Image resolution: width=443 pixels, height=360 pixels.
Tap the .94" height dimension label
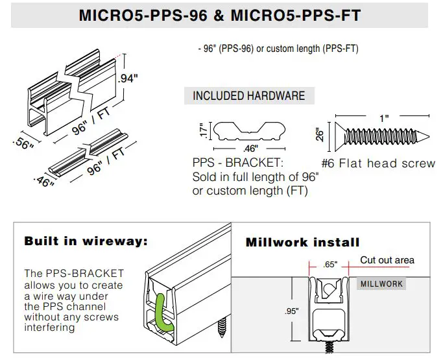129,79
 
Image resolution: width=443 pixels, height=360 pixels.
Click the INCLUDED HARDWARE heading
249,96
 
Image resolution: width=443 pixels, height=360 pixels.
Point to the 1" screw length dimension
384,118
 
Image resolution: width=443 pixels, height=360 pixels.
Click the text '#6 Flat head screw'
378,163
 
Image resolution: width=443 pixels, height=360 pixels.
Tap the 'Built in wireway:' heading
86,241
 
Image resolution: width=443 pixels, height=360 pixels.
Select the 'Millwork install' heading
302,243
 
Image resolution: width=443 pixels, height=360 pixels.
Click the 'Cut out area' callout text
387,260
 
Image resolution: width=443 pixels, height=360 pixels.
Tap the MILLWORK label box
381,283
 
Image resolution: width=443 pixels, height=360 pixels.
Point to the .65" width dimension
331,265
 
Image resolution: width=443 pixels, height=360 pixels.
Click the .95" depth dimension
292,311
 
